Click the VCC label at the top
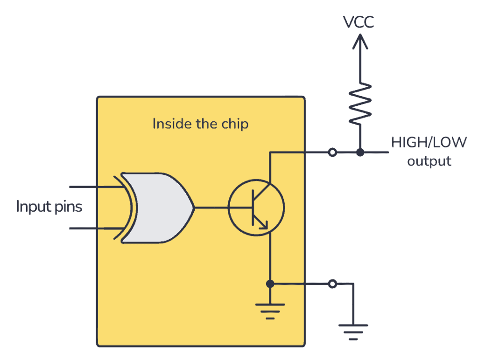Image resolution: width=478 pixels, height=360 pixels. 359,22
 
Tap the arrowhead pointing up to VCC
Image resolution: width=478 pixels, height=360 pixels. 360,42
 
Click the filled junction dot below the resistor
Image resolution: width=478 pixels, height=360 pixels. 360,152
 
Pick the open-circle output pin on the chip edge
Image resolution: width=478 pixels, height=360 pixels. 332,152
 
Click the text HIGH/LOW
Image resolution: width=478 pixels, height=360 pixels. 428,142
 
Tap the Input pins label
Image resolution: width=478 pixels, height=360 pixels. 49,207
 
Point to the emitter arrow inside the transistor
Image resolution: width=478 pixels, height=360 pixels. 263,224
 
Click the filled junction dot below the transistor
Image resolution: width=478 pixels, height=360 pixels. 270,284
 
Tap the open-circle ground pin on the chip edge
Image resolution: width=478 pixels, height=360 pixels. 332,284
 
